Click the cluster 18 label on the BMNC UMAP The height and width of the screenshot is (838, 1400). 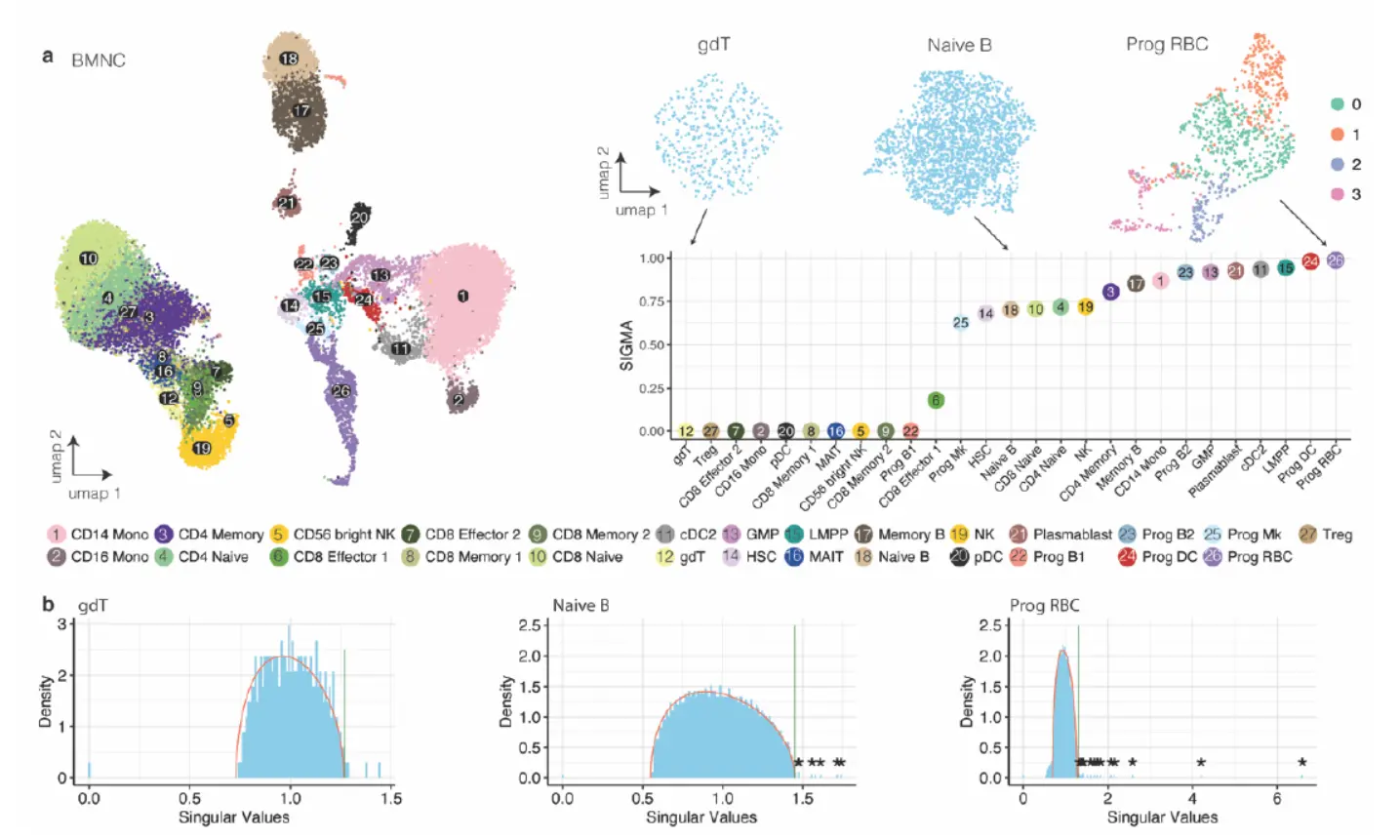tap(289, 59)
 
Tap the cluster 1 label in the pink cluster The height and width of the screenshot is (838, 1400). tap(462, 296)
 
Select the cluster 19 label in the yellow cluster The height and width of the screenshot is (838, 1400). tap(202, 449)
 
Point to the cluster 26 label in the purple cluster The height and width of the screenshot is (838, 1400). tap(340, 391)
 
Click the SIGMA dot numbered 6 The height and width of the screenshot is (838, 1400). tap(936, 400)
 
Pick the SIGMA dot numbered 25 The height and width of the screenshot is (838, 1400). tap(961, 322)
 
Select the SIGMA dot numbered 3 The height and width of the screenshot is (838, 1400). tap(1110, 292)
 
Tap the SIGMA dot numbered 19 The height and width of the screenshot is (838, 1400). tap(1085, 307)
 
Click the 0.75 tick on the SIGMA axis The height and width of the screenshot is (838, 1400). tap(652, 301)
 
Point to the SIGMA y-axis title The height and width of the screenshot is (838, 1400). tap(626, 345)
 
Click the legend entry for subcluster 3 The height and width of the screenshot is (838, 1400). tap(1345, 194)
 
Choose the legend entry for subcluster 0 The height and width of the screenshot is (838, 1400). tap(1345, 104)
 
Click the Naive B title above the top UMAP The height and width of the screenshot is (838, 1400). tap(959, 45)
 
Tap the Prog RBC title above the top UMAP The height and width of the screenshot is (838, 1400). tap(1167, 44)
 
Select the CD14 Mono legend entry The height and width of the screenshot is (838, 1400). tap(99, 535)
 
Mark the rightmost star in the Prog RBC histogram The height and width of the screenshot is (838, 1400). tap(1301, 762)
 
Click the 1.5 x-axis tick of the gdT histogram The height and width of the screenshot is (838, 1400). tap(391, 798)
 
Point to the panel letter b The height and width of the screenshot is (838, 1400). tap(48, 604)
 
